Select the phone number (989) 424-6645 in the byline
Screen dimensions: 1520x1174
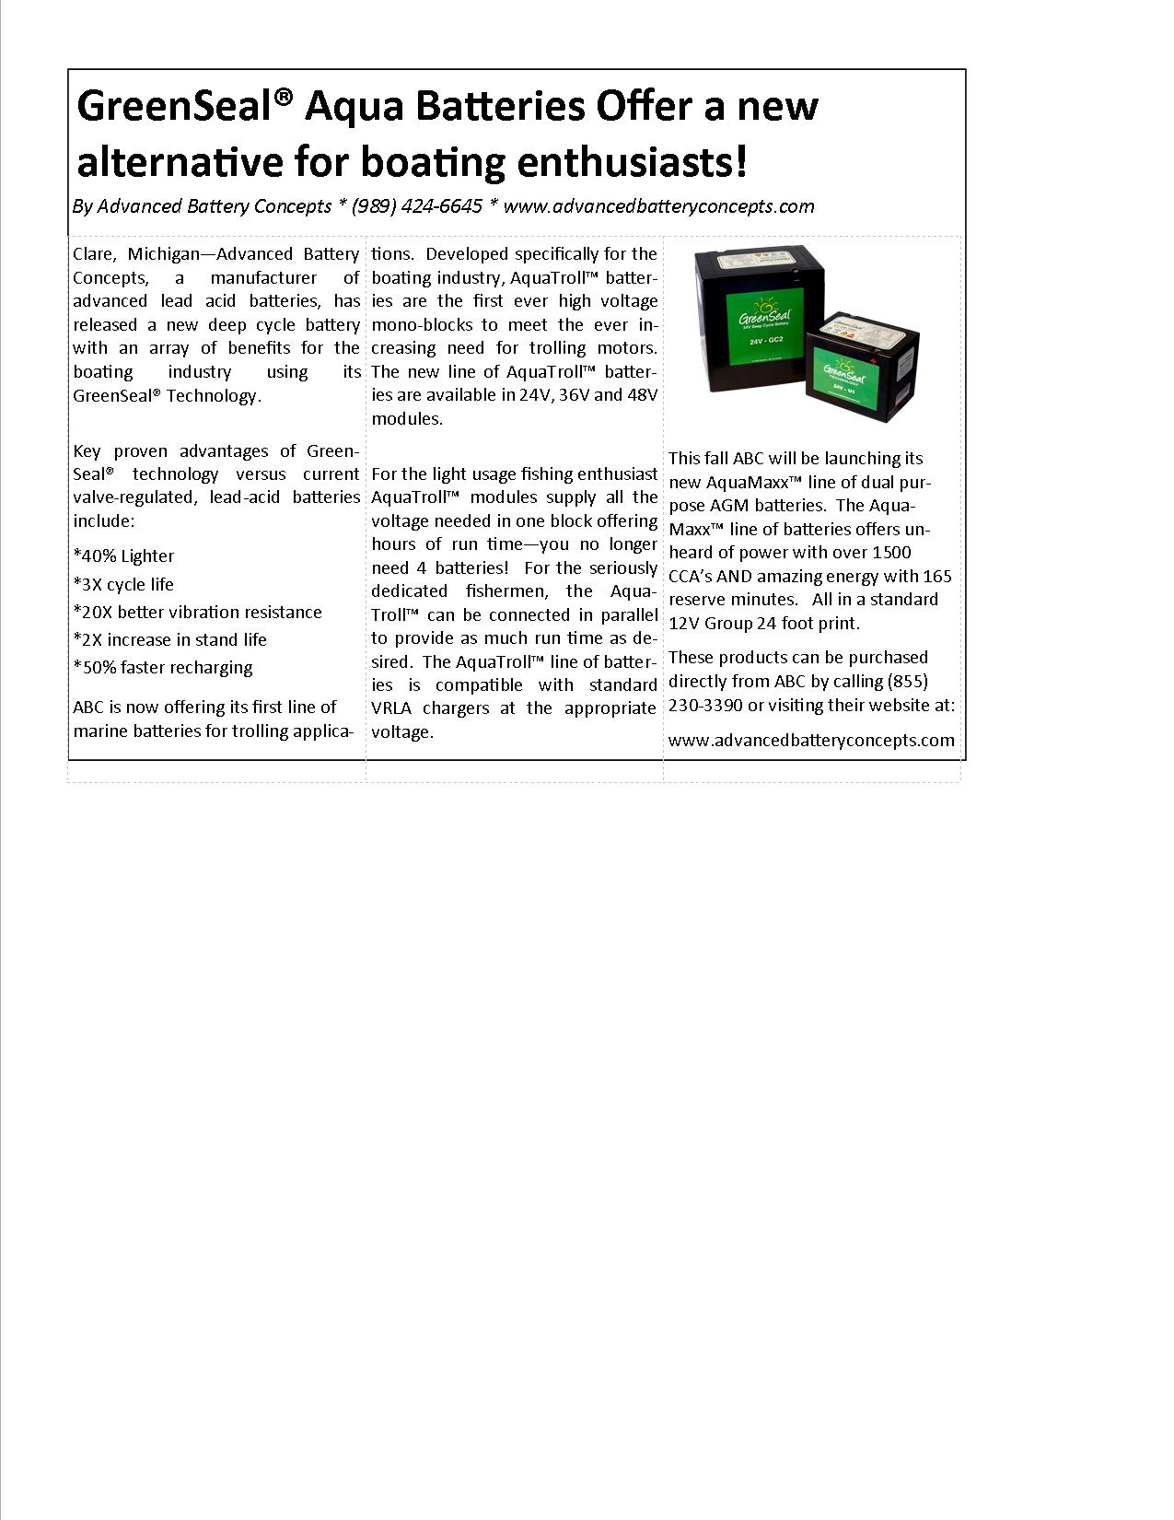[417, 206]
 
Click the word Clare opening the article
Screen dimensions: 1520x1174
[93, 254]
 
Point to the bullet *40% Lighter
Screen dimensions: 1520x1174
[123, 555]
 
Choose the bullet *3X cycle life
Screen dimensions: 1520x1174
[123, 584]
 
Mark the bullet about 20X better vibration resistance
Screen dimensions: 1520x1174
[197, 612]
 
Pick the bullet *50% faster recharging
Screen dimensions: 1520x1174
[162, 667]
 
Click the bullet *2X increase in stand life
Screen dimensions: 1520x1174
[169, 639]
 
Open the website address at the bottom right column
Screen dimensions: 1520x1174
[811, 740]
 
